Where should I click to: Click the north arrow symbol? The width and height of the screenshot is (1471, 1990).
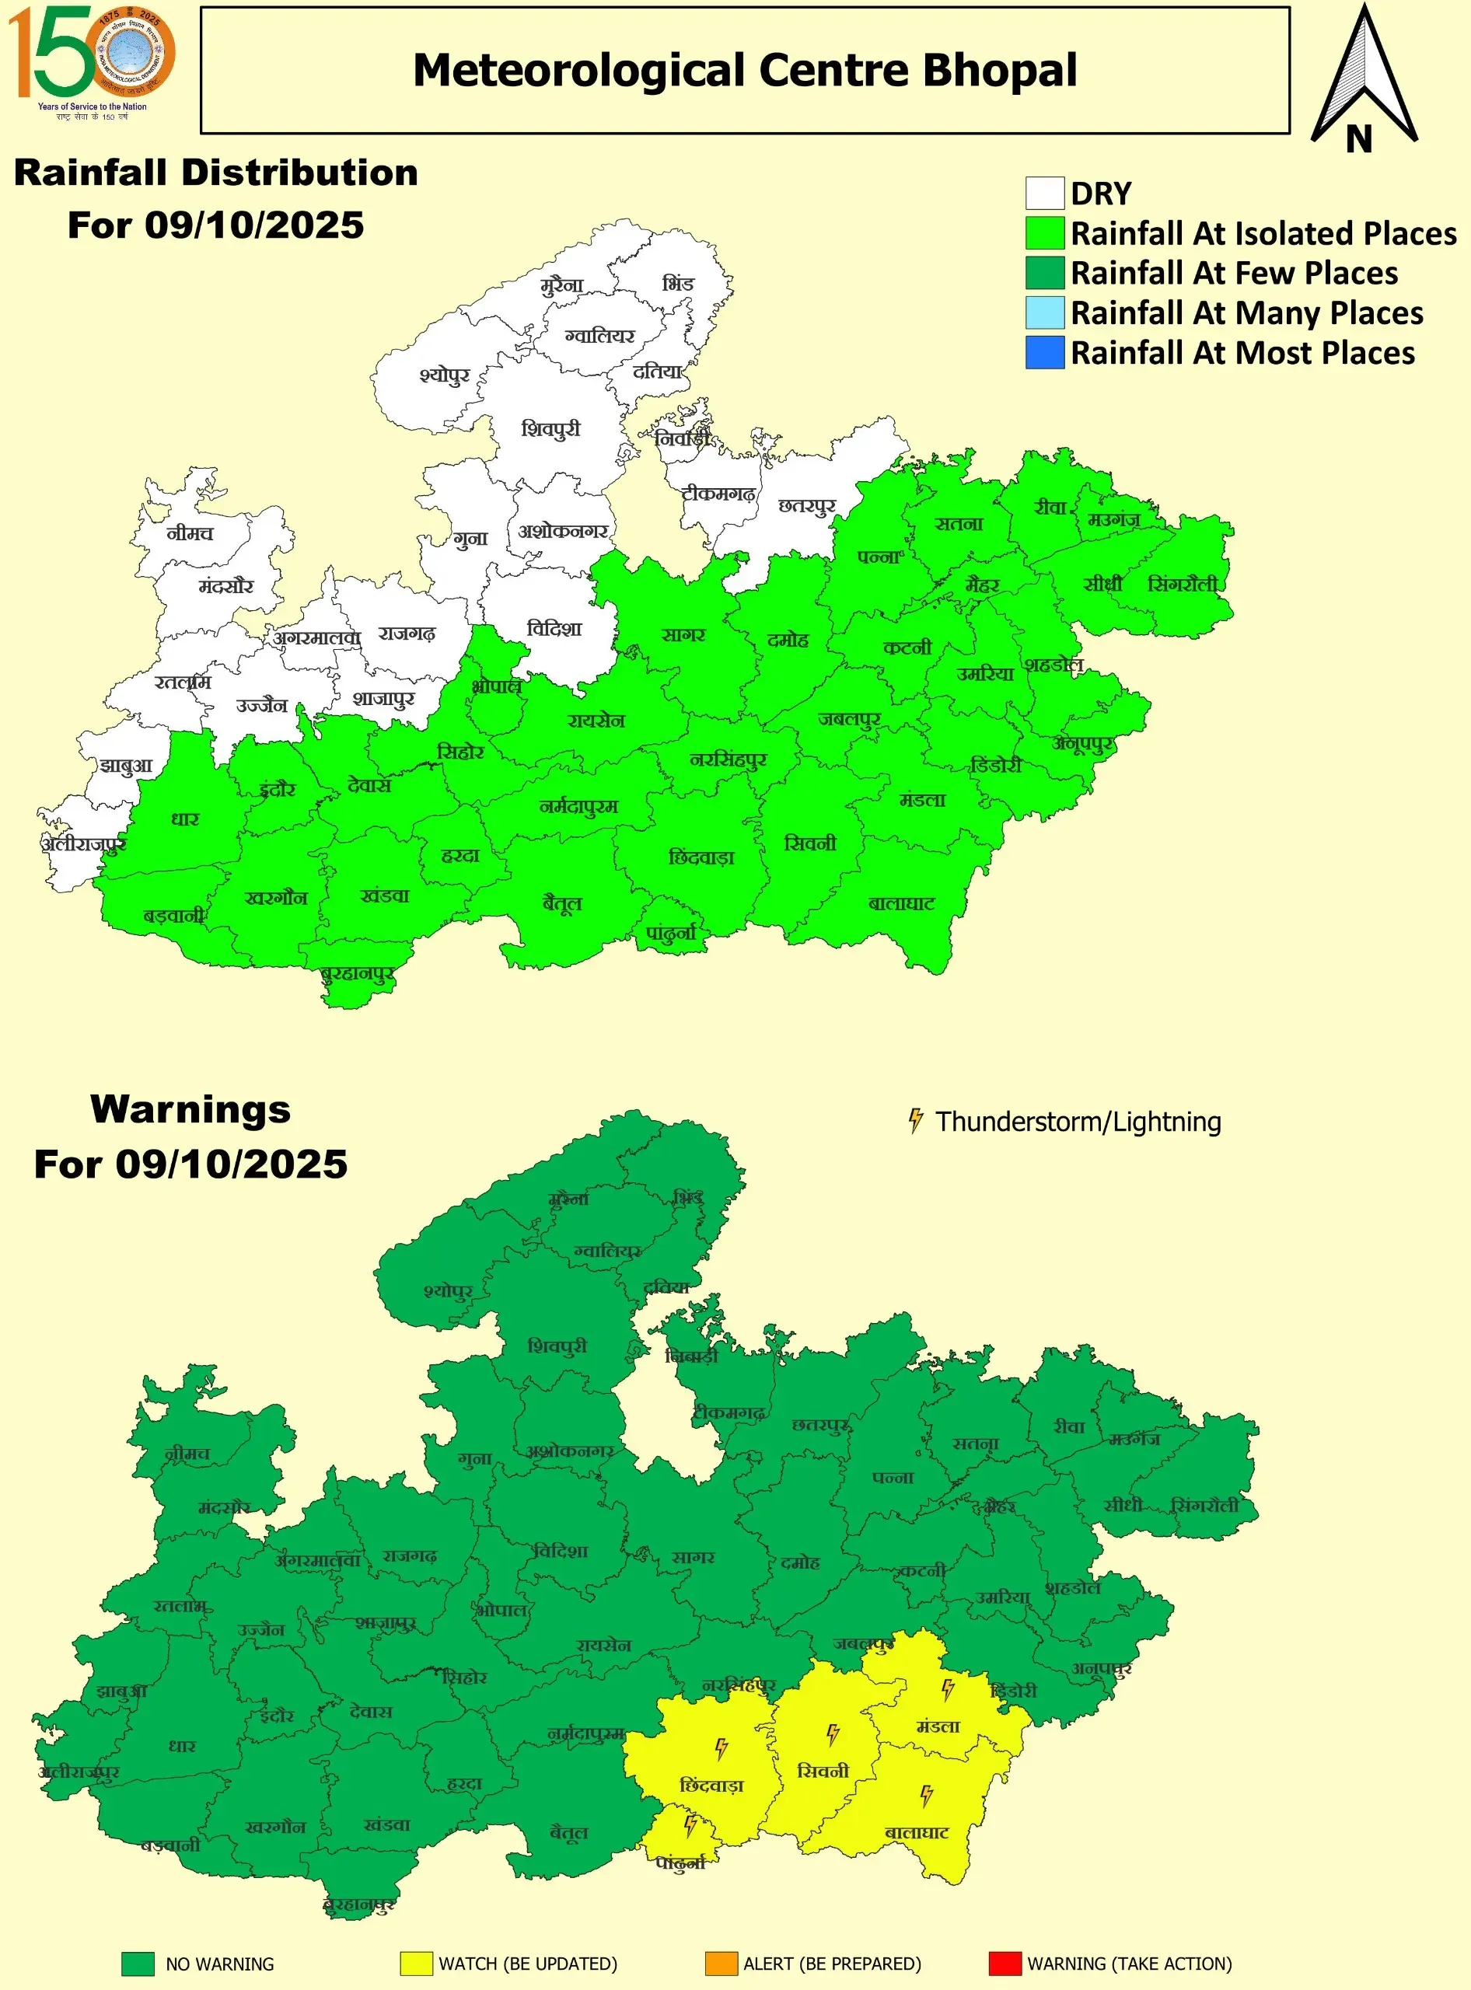pyautogui.click(x=1363, y=80)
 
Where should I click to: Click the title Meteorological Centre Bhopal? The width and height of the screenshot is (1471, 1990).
pyautogui.click(x=744, y=70)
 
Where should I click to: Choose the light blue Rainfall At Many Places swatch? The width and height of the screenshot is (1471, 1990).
pyautogui.click(x=1044, y=312)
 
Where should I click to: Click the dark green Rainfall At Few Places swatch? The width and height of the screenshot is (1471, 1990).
pyautogui.click(x=1044, y=272)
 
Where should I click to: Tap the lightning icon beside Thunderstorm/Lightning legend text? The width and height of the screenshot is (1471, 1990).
pyautogui.click(x=914, y=1120)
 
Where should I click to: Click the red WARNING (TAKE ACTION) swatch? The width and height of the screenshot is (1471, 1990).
pyautogui.click(x=1005, y=1964)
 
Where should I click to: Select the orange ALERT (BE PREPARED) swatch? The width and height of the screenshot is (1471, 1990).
pyautogui.click(x=721, y=1964)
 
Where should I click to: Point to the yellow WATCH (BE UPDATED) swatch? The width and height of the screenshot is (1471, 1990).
pyautogui.click(x=416, y=1964)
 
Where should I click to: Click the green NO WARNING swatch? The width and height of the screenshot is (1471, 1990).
pyautogui.click(x=138, y=1964)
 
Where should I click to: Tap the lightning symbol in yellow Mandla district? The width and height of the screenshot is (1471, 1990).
pyautogui.click(x=949, y=1688)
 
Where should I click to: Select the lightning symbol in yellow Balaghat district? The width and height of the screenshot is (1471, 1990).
pyautogui.click(x=926, y=1795)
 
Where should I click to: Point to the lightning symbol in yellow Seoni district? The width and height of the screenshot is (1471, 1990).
pyautogui.click(x=833, y=1733)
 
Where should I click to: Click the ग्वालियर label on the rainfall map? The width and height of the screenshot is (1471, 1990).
pyautogui.click(x=600, y=336)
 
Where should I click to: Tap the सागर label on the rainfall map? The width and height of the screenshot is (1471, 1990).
pyautogui.click(x=683, y=635)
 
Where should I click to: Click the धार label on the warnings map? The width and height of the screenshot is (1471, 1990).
pyautogui.click(x=183, y=1746)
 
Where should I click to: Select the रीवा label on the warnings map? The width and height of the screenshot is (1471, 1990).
pyautogui.click(x=1069, y=1426)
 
